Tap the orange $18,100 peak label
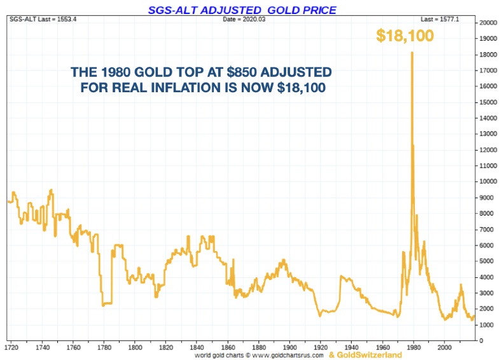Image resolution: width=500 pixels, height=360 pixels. (x=405, y=36)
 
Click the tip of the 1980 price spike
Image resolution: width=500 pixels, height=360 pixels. (x=412, y=52)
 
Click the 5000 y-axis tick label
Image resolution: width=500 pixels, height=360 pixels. (x=485, y=261)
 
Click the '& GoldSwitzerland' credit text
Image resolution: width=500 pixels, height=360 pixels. (x=365, y=355)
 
